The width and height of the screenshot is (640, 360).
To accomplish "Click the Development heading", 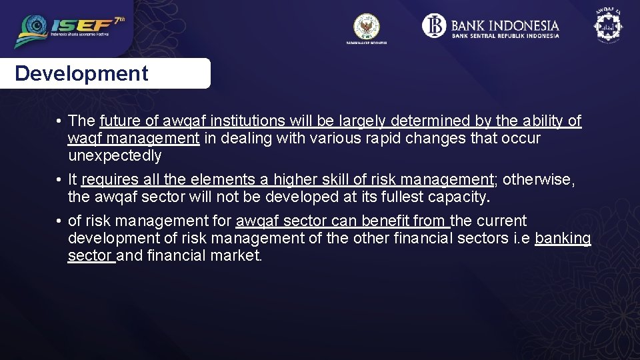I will coord(81,73).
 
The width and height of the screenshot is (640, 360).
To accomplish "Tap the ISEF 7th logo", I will coord(70,29).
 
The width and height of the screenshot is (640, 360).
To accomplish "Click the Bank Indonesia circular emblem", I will coord(433,26).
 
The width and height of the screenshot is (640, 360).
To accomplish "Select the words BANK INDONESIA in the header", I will coord(505,25).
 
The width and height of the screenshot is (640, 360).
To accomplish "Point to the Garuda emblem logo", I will coord(366,27).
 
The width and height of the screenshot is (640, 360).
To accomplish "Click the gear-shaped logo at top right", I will coord(607,27).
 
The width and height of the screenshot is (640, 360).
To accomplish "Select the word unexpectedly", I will coord(115,156).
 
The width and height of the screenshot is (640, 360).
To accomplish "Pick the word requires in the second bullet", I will coord(110,180).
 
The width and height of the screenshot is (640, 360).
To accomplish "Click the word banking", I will coord(563,239).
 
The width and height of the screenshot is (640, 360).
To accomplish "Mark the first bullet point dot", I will coord(59,121).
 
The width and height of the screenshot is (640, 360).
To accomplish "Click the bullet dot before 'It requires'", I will coord(59,180).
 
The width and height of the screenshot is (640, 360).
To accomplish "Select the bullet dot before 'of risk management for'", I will coord(59,221).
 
